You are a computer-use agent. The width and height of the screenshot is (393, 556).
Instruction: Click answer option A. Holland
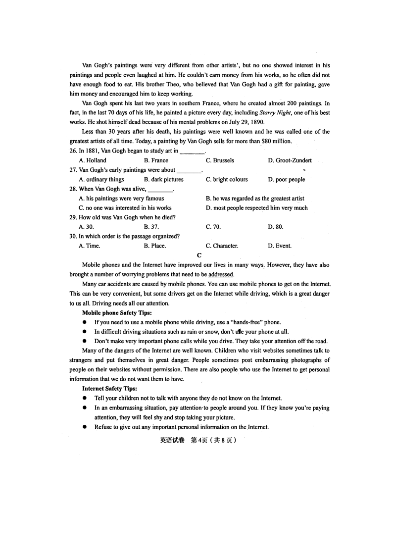93,160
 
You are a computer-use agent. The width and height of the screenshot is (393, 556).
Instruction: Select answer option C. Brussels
220,160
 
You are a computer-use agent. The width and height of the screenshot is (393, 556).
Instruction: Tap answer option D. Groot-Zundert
290,160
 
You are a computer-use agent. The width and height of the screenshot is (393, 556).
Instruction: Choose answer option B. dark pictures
163,180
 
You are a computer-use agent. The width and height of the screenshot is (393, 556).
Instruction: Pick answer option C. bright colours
227,180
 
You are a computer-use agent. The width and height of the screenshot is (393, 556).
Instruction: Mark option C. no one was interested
125,208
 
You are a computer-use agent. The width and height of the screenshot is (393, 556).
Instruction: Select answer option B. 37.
151,227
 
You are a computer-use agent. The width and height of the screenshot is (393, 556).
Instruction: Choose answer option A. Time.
90,246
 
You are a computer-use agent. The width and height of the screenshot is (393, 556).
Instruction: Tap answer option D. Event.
280,246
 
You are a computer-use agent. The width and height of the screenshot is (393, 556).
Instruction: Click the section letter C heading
199,255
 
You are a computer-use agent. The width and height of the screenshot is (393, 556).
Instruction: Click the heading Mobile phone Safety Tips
117,313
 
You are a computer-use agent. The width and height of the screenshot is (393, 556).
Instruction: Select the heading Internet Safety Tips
109,389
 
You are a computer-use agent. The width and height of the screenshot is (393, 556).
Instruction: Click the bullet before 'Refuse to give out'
85,427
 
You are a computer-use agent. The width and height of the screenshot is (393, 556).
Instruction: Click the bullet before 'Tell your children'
85,398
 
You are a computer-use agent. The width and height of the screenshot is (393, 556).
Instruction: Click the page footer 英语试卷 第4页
196,440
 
